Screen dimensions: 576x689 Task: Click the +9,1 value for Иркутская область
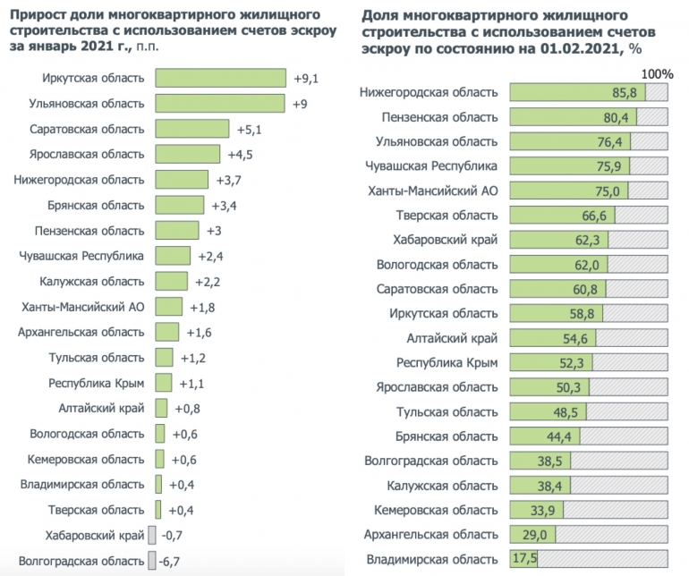[x=306, y=78]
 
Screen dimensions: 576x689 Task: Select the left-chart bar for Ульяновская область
[x=220, y=104]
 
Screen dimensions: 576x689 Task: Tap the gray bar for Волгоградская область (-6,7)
[x=151, y=561]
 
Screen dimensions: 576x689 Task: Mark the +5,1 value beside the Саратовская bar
[x=246, y=129]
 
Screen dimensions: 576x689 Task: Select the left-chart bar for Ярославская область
[x=187, y=154]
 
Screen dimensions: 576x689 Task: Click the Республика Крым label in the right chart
[x=447, y=362]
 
